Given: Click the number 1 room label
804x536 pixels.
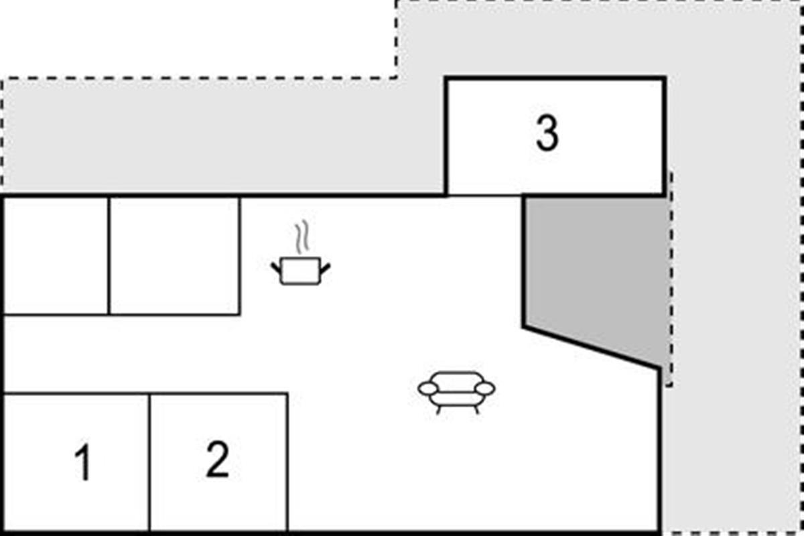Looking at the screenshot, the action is (x=83, y=462).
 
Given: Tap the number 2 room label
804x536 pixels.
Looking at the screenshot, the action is (x=218, y=459).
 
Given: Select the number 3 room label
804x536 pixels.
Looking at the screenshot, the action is (x=547, y=133).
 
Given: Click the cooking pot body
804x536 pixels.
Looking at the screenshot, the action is (x=300, y=271).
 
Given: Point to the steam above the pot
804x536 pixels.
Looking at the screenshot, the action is (x=302, y=237).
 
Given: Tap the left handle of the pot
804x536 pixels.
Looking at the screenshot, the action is (x=275, y=268).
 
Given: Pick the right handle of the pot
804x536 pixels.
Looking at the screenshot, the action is (x=325, y=269).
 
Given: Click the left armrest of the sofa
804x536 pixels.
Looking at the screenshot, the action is (x=428, y=389).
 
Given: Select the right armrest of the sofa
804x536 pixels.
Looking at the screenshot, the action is (x=484, y=388).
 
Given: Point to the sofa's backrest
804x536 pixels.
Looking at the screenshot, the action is (x=457, y=381).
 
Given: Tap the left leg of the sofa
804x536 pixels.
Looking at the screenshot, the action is (x=438, y=409).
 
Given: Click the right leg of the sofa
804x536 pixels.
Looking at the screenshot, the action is (x=477, y=409).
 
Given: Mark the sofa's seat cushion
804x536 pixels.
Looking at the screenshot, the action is (x=456, y=399).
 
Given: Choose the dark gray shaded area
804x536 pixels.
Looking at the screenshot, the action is (x=592, y=273).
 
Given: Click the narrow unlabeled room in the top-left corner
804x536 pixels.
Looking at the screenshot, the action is (x=56, y=256).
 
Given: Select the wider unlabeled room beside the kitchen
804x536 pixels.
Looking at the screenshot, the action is (x=175, y=256).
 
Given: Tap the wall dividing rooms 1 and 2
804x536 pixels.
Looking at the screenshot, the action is (x=149, y=462).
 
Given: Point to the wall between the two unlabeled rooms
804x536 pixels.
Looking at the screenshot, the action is (x=109, y=256).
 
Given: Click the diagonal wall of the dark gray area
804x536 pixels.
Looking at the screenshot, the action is (x=592, y=347).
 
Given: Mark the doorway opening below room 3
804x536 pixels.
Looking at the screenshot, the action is (x=484, y=195).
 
